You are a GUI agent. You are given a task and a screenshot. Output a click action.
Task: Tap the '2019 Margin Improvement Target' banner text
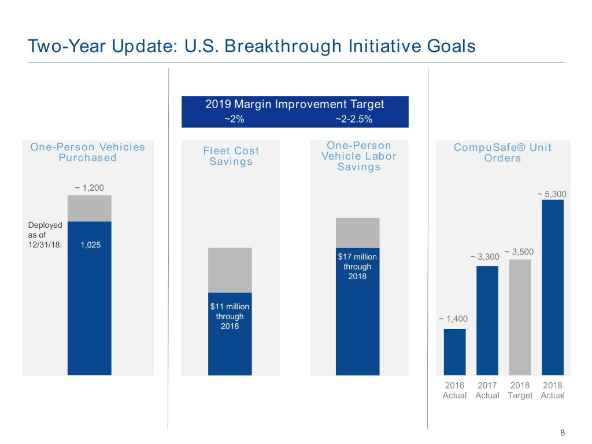[x=295, y=105]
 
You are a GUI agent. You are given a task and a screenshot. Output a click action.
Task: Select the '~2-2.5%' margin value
[x=354, y=120]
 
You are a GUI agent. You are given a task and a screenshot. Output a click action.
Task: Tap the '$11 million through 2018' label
[x=230, y=316]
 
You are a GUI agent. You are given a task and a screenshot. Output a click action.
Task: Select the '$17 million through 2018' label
[x=357, y=267]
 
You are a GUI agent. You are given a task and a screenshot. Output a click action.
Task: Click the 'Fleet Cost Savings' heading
[x=231, y=156]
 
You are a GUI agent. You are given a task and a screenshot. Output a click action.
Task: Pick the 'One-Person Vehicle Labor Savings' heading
[x=359, y=156]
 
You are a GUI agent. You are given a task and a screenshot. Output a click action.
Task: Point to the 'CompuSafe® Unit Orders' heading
[x=503, y=153]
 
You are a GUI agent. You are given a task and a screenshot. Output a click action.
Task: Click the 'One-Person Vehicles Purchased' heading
[x=88, y=152]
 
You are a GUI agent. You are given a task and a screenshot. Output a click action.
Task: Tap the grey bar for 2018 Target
[x=520, y=317]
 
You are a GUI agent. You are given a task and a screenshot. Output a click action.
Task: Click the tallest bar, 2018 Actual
[x=553, y=287]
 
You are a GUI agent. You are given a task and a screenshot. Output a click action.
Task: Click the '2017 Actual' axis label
[x=487, y=390]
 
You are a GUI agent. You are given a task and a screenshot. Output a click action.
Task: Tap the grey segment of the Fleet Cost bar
[x=230, y=270]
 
